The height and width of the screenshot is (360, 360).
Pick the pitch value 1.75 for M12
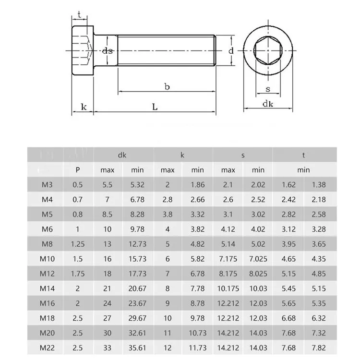pos(78,274)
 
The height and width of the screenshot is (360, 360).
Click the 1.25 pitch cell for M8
pos(78,244)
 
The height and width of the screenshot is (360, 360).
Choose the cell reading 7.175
pos(228,259)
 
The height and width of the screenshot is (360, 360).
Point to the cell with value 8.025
pos(258,274)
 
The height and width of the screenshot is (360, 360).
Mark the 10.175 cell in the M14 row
pos(228,288)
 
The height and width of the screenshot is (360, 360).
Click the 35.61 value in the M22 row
pos(138,348)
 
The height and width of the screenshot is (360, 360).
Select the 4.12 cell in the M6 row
pos(228,229)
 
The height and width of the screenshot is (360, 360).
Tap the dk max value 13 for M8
pos(108,244)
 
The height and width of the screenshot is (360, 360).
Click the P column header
pos(78,169)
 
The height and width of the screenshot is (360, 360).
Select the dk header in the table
pos(123,155)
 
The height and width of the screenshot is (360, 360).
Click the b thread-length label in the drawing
pos(167,87)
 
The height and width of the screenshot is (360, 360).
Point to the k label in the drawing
pos(84,107)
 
